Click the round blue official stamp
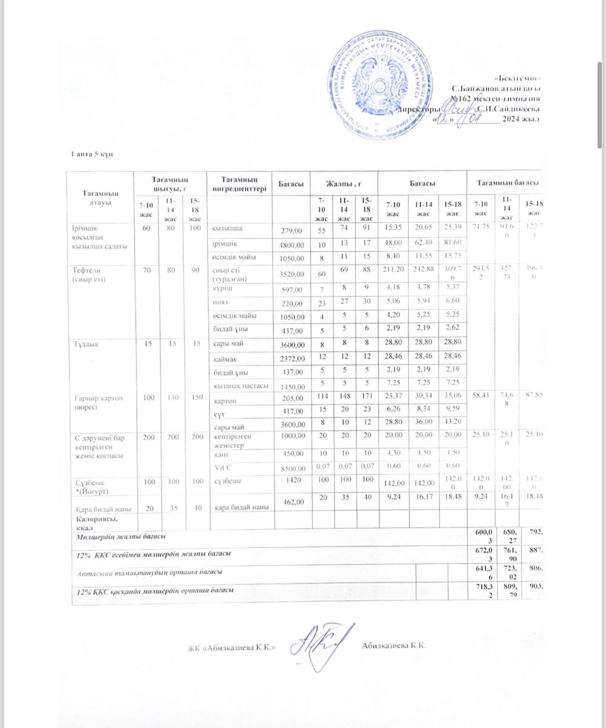tap(379, 85)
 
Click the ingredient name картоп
tap(225, 401)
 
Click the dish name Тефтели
tap(86, 270)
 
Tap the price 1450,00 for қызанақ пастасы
tap(292, 387)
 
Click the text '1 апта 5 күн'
tap(92, 154)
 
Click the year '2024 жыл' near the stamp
tap(521, 119)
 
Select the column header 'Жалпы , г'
tap(344, 183)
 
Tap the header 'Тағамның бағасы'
tap(507, 183)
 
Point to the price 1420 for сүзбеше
tap(293, 480)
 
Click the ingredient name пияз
tap(220, 302)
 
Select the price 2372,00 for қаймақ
tap(292, 359)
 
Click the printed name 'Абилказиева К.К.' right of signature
tap(394, 645)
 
